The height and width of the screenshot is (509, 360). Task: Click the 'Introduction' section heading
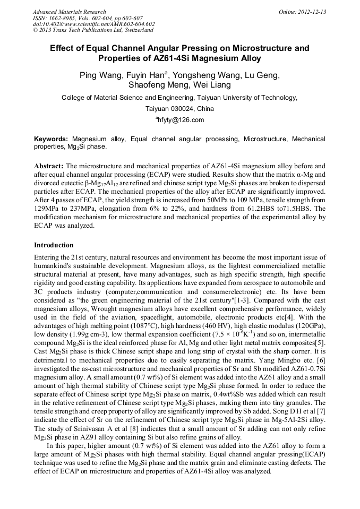tap(54, 245)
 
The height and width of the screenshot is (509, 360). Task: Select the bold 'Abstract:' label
tap(49, 166)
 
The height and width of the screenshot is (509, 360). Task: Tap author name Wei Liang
tap(213, 85)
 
